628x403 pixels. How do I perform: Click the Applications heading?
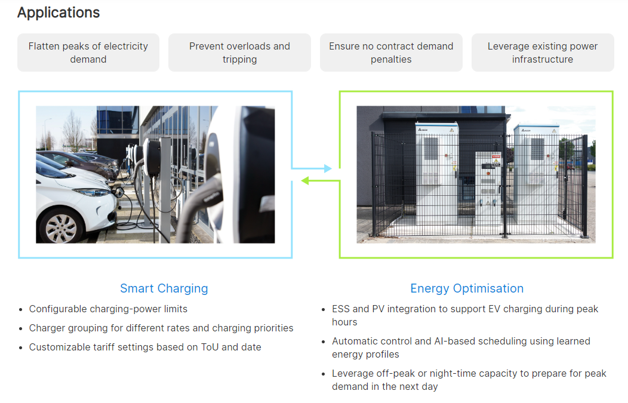click(x=59, y=13)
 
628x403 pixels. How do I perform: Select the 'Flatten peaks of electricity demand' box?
click(x=88, y=53)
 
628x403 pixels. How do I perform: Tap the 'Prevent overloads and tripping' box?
click(x=239, y=53)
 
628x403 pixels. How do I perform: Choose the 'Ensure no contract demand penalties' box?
click(x=391, y=53)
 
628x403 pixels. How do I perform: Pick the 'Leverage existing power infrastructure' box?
click(x=543, y=53)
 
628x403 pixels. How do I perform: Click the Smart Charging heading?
click(x=164, y=288)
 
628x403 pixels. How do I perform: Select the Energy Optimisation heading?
click(x=467, y=288)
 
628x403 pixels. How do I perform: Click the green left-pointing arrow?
click(x=321, y=181)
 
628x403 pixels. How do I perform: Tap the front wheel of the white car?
click(x=60, y=227)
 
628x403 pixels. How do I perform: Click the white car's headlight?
click(x=93, y=193)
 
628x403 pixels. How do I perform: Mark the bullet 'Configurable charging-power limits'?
click(x=108, y=309)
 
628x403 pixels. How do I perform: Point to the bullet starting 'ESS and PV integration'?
click(x=465, y=315)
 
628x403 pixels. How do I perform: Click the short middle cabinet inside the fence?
click(x=488, y=187)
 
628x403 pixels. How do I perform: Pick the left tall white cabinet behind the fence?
click(x=437, y=173)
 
